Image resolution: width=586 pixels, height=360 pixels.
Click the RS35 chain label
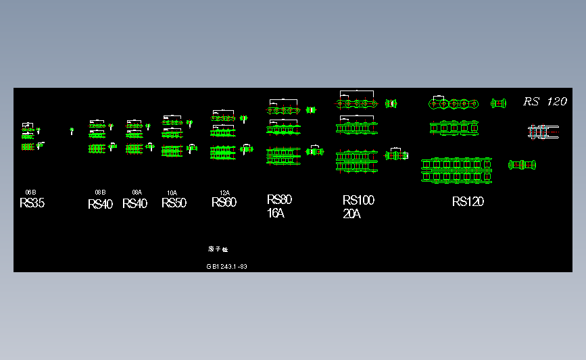[x=32, y=203]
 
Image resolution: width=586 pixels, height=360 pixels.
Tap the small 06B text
[x=30, y=192]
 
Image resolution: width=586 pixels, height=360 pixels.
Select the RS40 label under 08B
[x=100, y=204]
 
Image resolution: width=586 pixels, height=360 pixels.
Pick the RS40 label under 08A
[x=135, y=204]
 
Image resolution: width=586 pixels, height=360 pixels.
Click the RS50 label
[x=174, y=203]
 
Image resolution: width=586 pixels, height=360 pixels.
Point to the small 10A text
[x=172, y=193]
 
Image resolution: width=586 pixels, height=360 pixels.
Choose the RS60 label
[x=224, y=203]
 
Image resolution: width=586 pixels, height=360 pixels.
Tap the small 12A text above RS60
[x=224, y=192]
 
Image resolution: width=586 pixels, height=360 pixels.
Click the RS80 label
[x=279, y=200]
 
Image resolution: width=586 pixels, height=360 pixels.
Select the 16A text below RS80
[x=276, y=214]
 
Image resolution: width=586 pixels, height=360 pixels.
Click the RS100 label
[x=358, y=201]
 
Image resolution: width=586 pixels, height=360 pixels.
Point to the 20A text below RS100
[x=351, y=214]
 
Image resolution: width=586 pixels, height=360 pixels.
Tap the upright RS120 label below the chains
[x=468, y=201]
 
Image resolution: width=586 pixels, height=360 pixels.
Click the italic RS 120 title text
[x=545, y=101]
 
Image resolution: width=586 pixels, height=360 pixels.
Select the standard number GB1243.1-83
[x=226, y=267]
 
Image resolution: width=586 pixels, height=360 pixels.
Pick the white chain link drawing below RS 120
[x=543, y=131]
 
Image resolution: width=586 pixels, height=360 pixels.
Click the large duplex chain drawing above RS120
[x=456, y=170]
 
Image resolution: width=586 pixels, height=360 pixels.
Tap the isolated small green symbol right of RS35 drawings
[x=72, y=130]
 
